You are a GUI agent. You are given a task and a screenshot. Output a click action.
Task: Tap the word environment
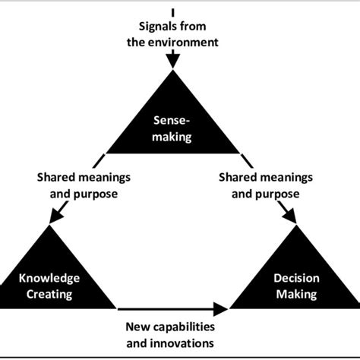click(x=185, y=43)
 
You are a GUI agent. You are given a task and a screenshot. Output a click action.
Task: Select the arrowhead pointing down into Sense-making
click(x=173, y=60)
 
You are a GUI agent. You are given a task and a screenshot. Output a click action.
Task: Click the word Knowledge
click(x=49, y=278)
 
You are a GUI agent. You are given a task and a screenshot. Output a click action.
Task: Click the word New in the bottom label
click(x=137, y=327)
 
